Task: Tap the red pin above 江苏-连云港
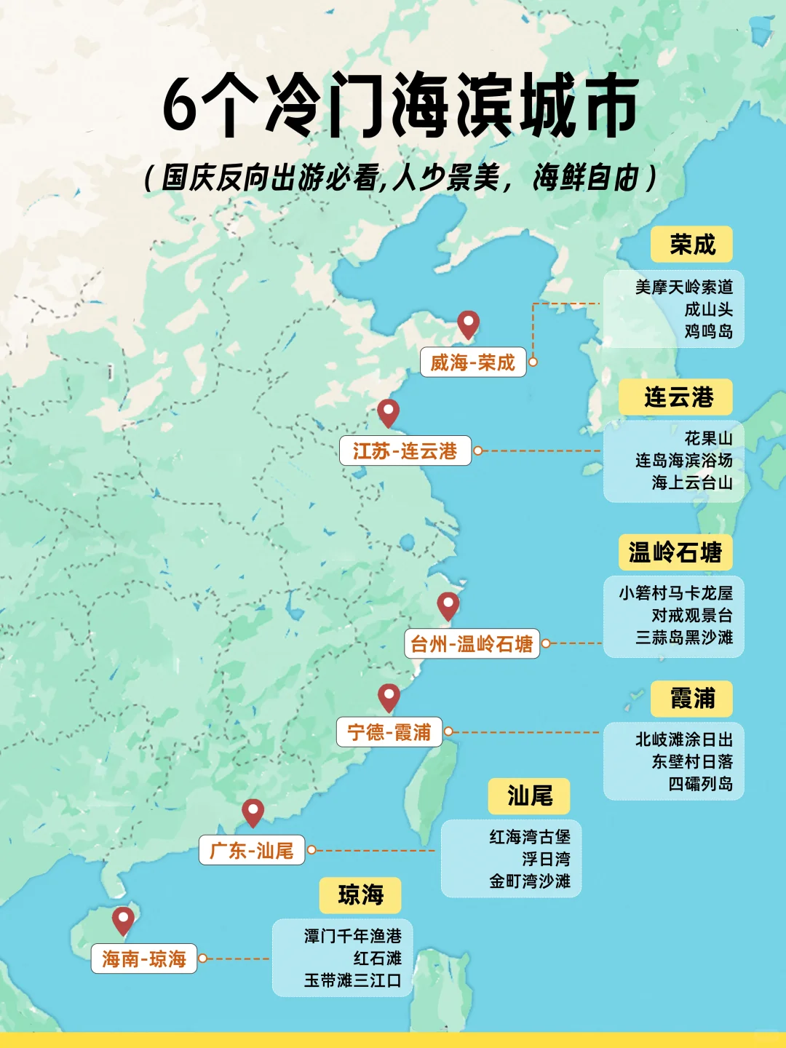tap(389, 411)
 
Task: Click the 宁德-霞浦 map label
tap(389, 732)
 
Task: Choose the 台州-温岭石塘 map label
tap(472, 644)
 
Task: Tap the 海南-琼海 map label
tap(144, 959)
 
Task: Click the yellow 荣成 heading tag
tap(692, 245)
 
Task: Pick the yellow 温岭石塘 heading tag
tap(675, 552)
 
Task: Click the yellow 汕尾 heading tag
tap(530, 795)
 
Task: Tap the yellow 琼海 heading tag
tap(360, 895)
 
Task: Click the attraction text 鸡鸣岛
tap(708, 332)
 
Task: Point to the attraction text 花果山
tap(708, 438)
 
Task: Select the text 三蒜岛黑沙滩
tap(684, 638)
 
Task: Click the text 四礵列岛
tap(700, 784)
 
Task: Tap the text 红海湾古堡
tap(530, 837)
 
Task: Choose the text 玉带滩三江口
tap(353, 980)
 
